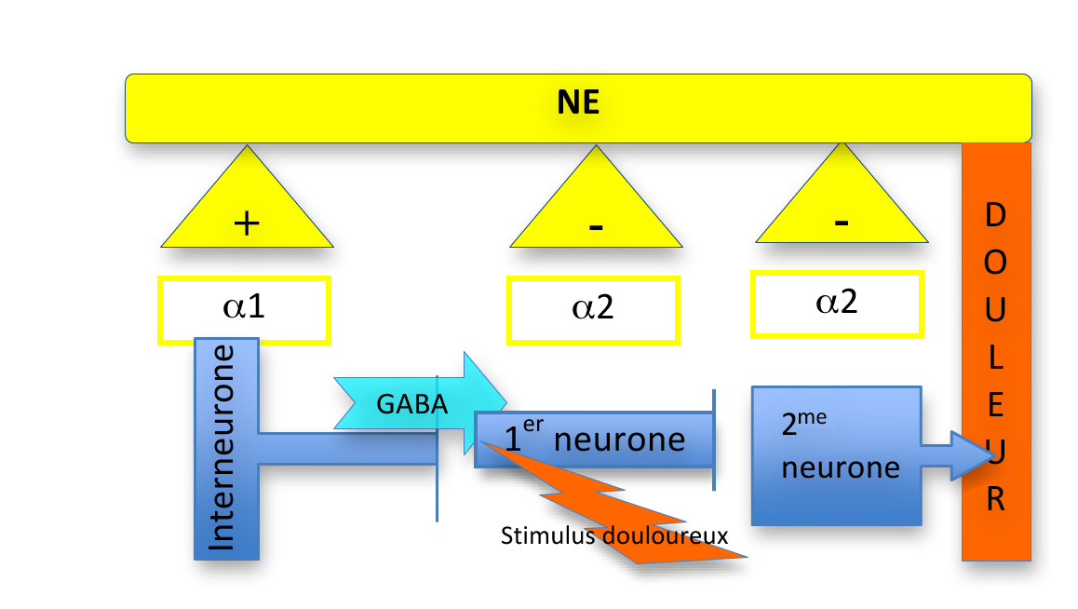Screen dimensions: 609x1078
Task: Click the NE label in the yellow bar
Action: (578, 102)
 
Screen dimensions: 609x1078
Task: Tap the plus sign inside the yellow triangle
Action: (246, 223)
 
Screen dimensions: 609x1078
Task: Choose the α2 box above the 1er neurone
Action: (592, 310)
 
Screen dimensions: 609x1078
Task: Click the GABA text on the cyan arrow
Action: (411, 404)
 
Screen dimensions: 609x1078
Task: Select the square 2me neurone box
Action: (836, 454)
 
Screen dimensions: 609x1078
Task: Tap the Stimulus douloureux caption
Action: (613, 536)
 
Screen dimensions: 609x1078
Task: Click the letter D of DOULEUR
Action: (995, 216)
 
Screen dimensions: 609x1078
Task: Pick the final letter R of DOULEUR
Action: (995, 501)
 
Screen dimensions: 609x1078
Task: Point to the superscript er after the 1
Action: (532, 424)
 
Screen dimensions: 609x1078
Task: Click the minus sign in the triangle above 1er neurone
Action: (596, 227)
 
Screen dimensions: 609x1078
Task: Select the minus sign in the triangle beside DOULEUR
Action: (841, 222)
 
